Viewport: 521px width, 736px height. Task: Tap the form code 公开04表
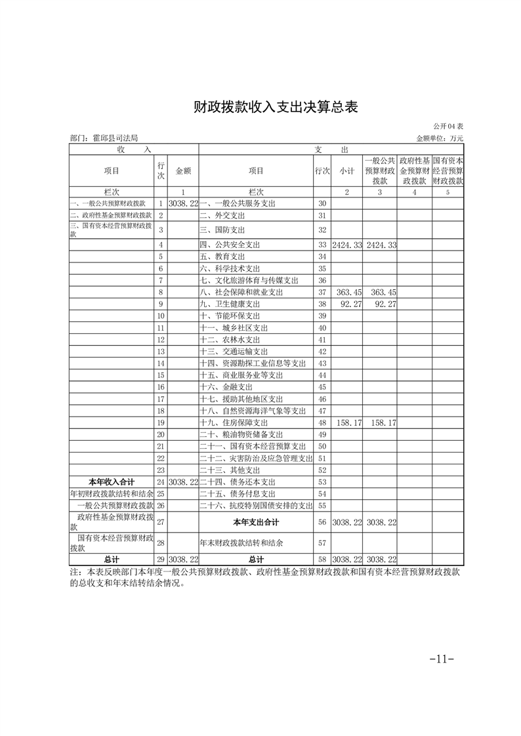[x=448, y=127]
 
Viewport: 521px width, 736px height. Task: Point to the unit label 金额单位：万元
[x=440, y=138]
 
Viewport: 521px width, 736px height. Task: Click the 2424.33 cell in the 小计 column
[x=346, y=245]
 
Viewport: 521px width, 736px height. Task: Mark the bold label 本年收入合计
[x=111, y=482]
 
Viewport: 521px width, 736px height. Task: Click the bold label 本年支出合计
[x=256, y=523]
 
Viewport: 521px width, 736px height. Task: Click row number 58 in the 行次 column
[x=322, y=560]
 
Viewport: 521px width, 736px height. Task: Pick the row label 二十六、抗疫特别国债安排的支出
[x=256, y=506]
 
